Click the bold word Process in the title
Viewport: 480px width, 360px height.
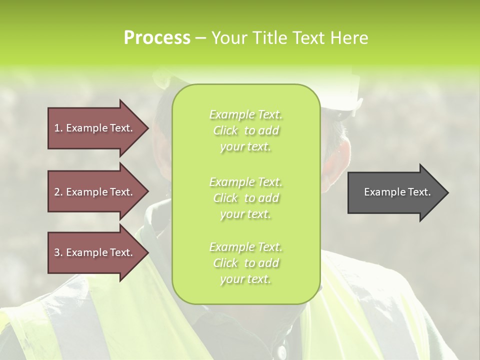[157, 38]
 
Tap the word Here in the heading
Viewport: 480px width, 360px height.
[349, 38]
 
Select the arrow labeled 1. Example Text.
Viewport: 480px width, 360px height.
[95, 128]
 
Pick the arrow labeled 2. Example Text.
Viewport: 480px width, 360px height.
[95, 192]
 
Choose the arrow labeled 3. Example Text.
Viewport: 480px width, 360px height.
[95, 252]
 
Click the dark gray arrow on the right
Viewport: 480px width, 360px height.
[395, 192]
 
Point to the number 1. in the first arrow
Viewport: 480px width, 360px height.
[58, 128]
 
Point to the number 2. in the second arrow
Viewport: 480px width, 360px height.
[58, 192]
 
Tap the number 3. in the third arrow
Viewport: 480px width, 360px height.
[58, 252]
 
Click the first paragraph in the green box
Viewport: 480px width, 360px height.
[245, 130]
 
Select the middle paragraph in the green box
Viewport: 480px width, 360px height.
[245, 198]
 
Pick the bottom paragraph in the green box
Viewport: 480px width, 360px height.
[245, 263]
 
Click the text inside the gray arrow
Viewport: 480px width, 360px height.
[397, 192]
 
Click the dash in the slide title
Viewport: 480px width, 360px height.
[200, 38]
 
